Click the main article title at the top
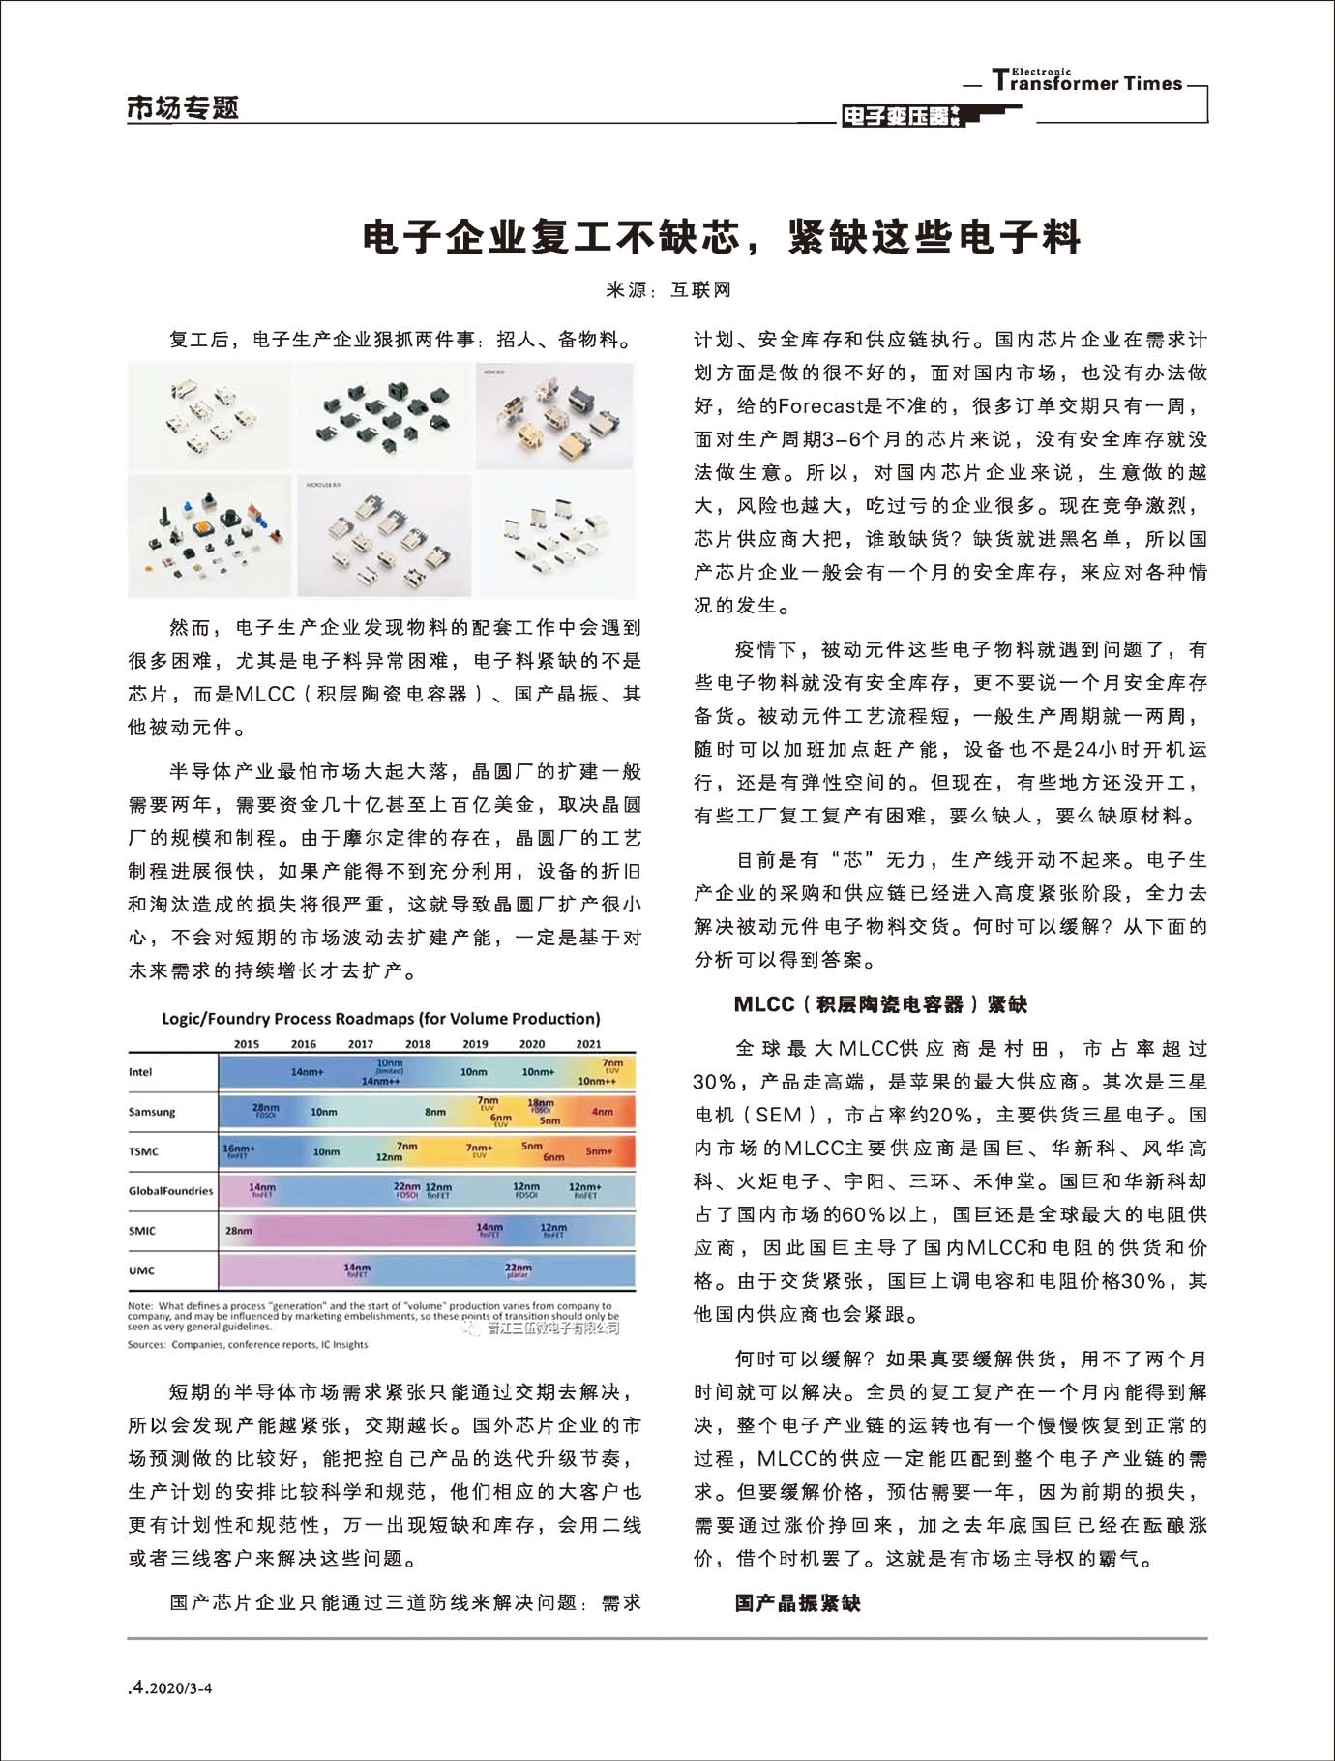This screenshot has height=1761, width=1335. (721, 237)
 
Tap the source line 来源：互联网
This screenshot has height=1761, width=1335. (668, 289)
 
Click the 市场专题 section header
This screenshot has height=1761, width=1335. (183, 107)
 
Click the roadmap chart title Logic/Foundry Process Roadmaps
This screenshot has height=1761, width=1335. (380, 1018)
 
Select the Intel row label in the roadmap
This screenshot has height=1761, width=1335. (141, 1072)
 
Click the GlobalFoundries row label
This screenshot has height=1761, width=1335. (170, 1191)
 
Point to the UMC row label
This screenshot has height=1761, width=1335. (141, 1270)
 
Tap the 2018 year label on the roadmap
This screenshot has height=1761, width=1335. (418, 1044)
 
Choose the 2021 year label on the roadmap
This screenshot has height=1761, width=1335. (588, 1044)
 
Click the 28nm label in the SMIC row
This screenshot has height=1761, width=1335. (239, 1231)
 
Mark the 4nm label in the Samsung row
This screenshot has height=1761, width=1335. (602, 1112)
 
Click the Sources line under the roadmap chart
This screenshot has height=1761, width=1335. (248, 1344)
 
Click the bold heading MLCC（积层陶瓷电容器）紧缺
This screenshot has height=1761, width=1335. (880, 1004)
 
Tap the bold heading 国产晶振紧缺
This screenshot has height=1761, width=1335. (797, 1603)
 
